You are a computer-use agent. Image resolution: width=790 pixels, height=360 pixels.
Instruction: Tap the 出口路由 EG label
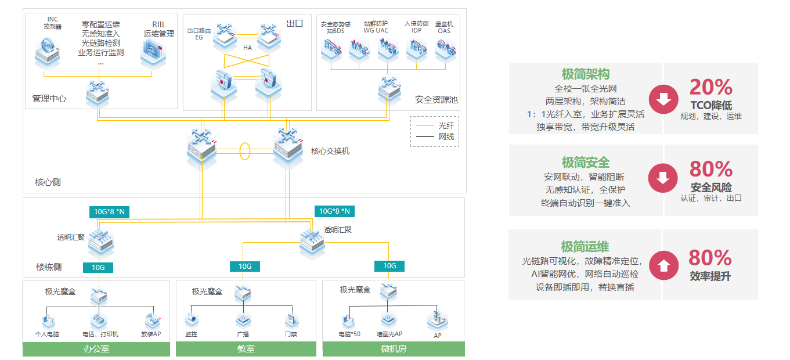[195, 33]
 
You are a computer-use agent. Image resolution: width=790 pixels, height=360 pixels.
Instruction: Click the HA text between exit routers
[247, 47]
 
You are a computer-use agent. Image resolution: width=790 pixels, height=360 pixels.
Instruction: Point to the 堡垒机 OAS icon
[446, 49]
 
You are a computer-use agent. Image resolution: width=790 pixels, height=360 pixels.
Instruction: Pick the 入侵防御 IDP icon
[417, 49]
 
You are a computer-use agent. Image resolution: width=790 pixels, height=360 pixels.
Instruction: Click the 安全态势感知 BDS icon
[332, 49]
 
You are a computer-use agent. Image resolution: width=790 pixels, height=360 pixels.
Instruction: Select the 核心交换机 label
[330, 151]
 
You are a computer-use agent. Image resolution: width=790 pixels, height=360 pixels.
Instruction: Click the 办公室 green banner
[96, 349]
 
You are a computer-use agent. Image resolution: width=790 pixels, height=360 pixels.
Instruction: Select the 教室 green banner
[246, 349]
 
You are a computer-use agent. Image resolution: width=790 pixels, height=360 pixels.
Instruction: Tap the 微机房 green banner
[394, 349]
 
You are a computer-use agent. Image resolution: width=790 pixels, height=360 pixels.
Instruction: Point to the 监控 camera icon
[192, 320]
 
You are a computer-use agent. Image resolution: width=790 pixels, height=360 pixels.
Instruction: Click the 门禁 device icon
[291, 320]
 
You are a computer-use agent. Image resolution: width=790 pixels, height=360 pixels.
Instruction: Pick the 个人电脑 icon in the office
[48, 320]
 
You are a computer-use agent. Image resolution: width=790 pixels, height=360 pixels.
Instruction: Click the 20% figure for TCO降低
[710, 87]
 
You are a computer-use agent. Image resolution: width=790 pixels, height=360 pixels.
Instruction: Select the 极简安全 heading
[585, 163]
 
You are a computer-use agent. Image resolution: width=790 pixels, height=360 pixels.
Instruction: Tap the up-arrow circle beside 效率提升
[663, 265]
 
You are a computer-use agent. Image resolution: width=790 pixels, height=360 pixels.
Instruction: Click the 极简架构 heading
[585, 74]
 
